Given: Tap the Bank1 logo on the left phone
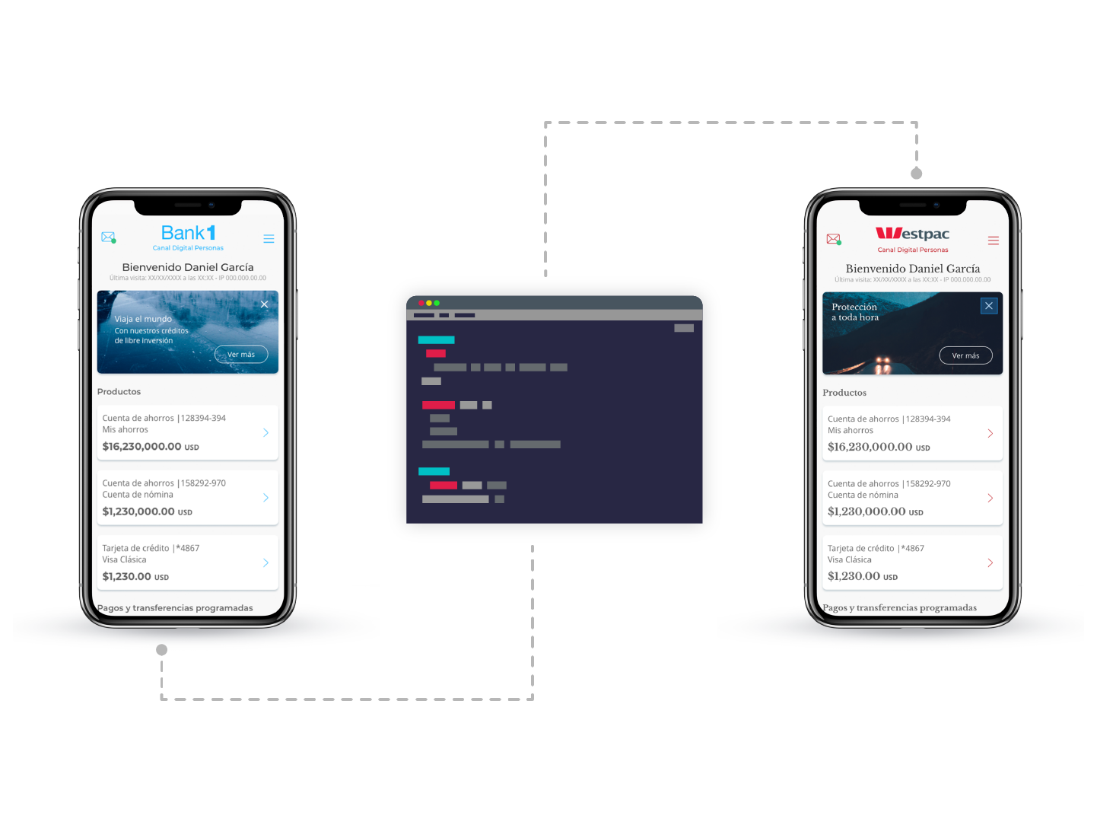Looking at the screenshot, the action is [x=188, y=233].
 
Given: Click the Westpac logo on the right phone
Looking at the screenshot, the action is [x=912, y=234].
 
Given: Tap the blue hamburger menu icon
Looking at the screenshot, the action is [x=269, y=239].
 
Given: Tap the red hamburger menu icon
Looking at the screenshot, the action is [x=993, y=241].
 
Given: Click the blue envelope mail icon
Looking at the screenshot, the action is [x=108, y=237].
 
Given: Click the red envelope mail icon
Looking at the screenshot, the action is [x=833, y=239].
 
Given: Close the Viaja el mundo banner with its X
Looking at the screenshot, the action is [x=264, y=304].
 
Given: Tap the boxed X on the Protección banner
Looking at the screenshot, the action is [x=989, y=306].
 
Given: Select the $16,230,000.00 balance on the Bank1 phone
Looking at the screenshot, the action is [x=141, y=447].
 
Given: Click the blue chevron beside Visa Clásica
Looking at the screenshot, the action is [x=266, y=563].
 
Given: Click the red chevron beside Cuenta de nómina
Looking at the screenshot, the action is [x=990, y=498].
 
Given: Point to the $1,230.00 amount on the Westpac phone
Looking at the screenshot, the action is [x=854, y=576].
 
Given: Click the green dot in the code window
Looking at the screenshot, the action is [x=437, y=303].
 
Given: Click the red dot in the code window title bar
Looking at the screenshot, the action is [x=421, y=303].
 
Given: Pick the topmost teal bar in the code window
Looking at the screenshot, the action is [x=436, y=339].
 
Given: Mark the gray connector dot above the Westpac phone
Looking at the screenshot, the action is [x=917, y=174].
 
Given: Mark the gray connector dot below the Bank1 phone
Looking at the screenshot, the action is [x=161, y=650].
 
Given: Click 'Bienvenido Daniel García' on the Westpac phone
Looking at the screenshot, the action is [x=912, y=269].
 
